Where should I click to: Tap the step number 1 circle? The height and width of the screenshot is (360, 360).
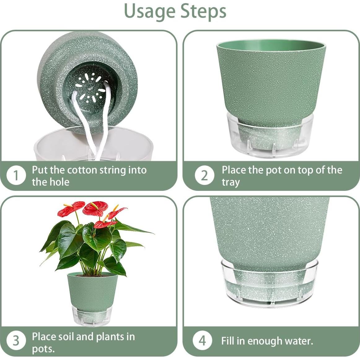[16, 176]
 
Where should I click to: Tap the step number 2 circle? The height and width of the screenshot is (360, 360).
[204, 175]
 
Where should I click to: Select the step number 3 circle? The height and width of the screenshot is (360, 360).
[16, 341]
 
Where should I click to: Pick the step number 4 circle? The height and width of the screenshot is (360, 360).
[202, 340]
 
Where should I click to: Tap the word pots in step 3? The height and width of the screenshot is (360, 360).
[43, 349]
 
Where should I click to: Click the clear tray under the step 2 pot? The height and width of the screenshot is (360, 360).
[270, 135]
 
